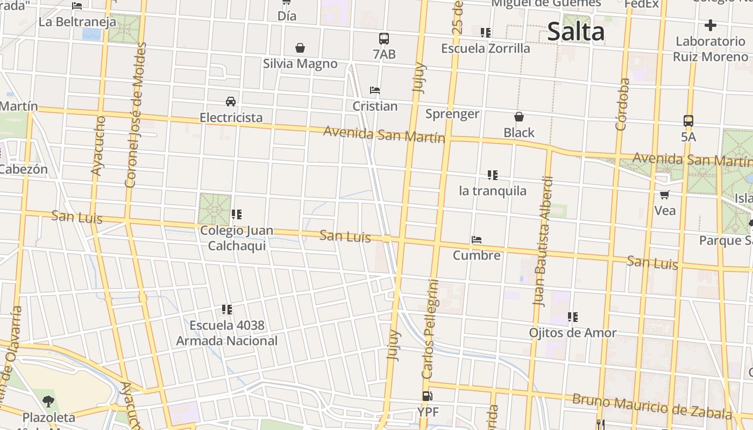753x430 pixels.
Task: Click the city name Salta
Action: pos(576,32)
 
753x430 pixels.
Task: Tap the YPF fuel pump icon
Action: pos(427,397)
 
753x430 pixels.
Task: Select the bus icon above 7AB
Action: pos(383,39)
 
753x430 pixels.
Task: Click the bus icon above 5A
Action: pos(688,121)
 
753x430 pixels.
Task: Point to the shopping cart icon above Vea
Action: pos(665,195)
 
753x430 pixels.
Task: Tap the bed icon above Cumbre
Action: pos(476,240)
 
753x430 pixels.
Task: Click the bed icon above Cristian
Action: pos(375,90)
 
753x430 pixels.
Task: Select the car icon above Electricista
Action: pos(231,102)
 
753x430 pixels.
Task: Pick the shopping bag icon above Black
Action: pos(519,117)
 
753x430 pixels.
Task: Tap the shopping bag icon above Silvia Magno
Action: pos(300,48)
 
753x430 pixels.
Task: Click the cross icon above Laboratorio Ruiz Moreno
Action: pos(710,25)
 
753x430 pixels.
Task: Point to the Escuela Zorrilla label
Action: pos(485,48)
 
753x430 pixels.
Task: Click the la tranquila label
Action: pos(492,191)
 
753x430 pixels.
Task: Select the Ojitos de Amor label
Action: pos(572,333)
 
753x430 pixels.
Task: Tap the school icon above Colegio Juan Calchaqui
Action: pos(236,215)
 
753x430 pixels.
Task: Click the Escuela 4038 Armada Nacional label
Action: pos(227,333)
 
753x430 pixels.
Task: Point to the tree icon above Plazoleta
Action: pos(48,401)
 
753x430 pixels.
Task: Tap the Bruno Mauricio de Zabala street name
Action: pos(651,407)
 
